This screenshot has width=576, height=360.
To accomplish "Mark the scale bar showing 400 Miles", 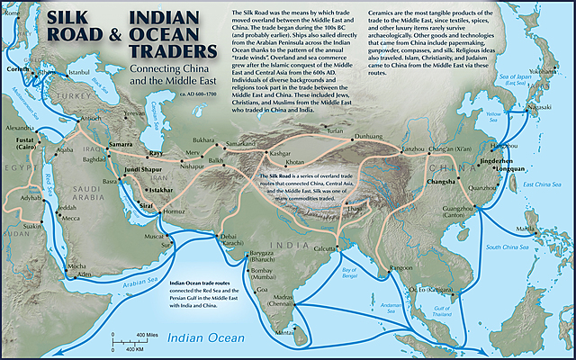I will pyautogui.click(x=126, y=337).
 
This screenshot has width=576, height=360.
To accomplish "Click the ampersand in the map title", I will pyautogui.click(x=114, y=37).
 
